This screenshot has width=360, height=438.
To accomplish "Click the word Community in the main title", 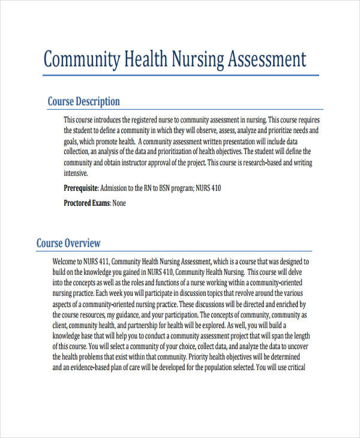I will point(82,60).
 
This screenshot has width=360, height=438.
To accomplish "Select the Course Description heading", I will point(83,101).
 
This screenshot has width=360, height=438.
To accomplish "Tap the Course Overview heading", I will point(68,243).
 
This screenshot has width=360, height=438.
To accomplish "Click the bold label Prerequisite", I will point(81,188).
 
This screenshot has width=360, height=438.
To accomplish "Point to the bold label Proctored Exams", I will point(87,203).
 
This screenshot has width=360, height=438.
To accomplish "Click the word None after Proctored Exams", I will point(119,203).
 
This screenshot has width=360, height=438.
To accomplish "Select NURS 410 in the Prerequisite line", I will point(209,188).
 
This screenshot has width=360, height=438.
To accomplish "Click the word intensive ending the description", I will point(76,173).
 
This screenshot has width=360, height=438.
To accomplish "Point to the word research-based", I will point(262,163).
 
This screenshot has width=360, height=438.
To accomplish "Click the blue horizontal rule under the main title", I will point(180,76).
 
